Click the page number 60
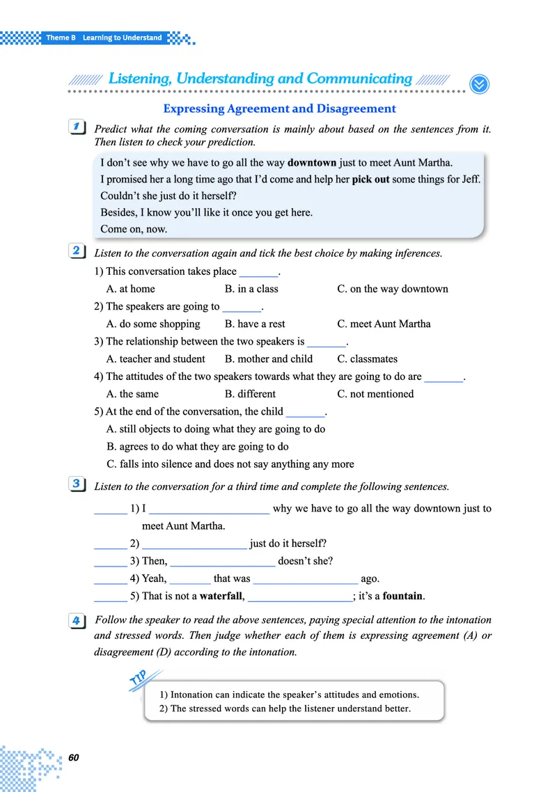74,758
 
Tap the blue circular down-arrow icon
480,84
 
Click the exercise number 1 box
78,127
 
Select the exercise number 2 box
78,251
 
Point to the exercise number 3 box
78,484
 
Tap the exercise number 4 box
78,620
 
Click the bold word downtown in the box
312,163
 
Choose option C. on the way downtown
393,289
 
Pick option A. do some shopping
153,324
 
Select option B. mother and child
269,359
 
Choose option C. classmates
367,359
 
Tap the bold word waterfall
221,596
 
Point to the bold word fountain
403,596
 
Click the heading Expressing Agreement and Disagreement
279,109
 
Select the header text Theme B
61,38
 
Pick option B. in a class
251,289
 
